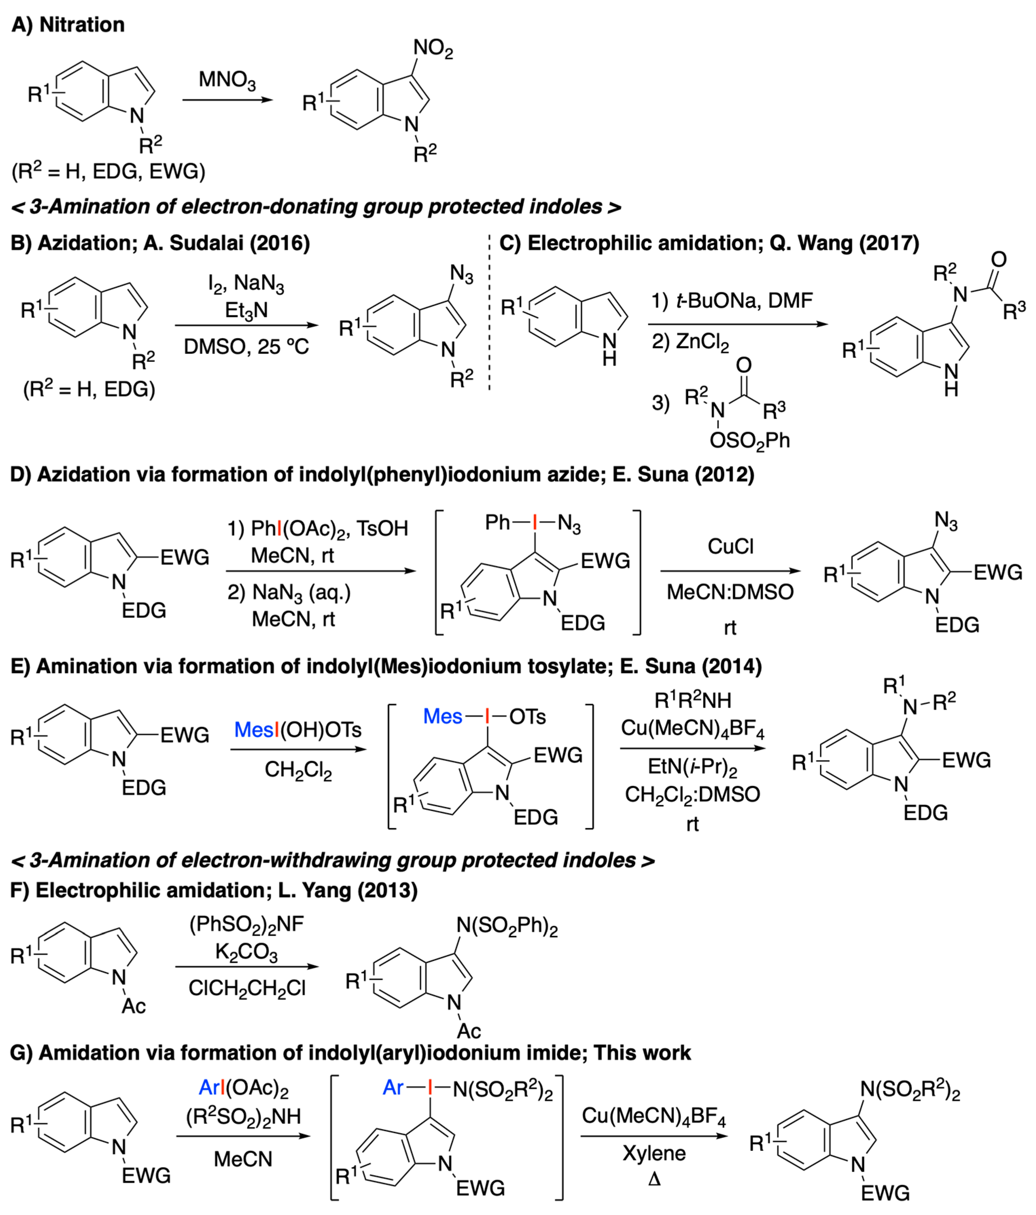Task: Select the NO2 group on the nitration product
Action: pos(433,49)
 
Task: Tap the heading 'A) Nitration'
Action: pos(68,25)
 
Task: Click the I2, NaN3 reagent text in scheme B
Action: pos(246,284)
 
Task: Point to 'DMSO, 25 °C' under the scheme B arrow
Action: pos(246,347)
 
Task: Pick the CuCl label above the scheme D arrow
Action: pos(730,547)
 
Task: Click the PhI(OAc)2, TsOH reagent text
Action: pos(317,528)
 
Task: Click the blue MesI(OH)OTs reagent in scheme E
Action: pos(298,730)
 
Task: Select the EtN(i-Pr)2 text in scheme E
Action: pos(692,767)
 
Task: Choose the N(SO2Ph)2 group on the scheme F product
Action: pos(507,926)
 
